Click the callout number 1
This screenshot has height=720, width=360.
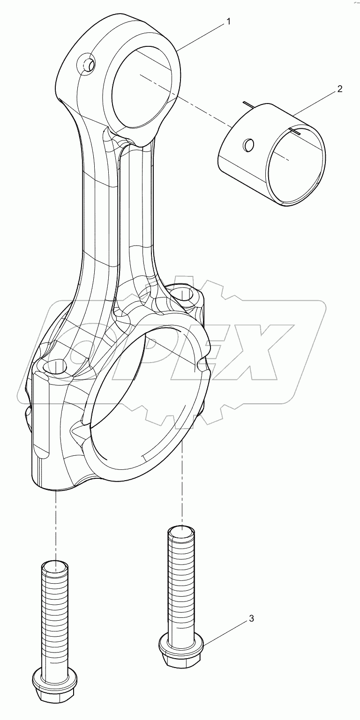tap(228, 22)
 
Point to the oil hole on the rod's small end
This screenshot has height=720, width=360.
tap(86, 63)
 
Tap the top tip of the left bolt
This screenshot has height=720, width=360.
tap(55, 567)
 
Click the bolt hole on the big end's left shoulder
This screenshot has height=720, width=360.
tap(55, 367)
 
